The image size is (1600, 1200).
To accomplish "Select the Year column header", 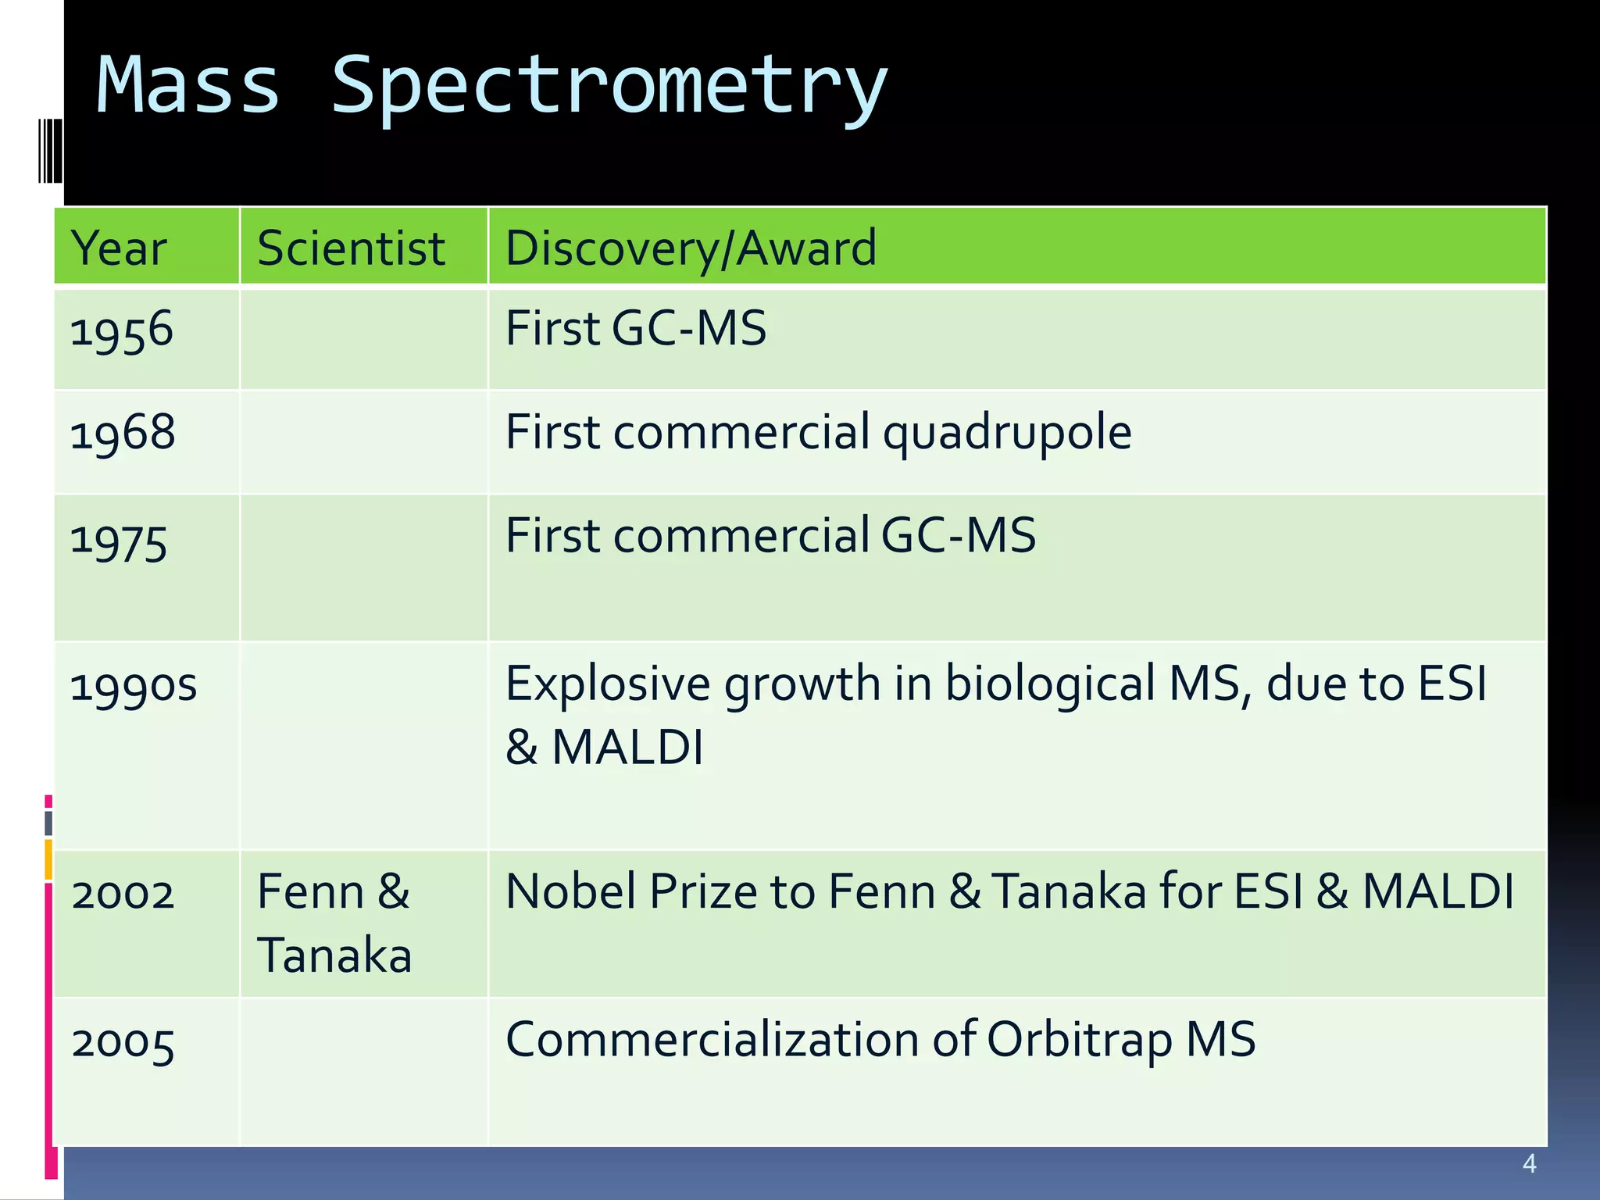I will pos(118,248).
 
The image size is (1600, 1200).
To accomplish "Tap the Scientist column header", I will pos(351,248).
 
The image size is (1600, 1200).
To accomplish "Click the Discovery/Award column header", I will pos(691,248).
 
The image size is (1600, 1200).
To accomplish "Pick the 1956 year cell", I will pos(121,330).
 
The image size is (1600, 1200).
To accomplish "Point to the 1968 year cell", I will pos(123,433).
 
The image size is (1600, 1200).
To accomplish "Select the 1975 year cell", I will pos(119,541).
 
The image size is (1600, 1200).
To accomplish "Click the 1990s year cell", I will pos(134,686).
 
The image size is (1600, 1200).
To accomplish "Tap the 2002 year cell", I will pos(123,893).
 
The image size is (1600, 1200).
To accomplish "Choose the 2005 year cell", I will pos(123,1043).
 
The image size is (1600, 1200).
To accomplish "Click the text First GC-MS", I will pos(636,328).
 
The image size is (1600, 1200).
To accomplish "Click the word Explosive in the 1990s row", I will pos(608,684).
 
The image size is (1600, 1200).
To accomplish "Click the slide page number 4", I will pos(1529,1164).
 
